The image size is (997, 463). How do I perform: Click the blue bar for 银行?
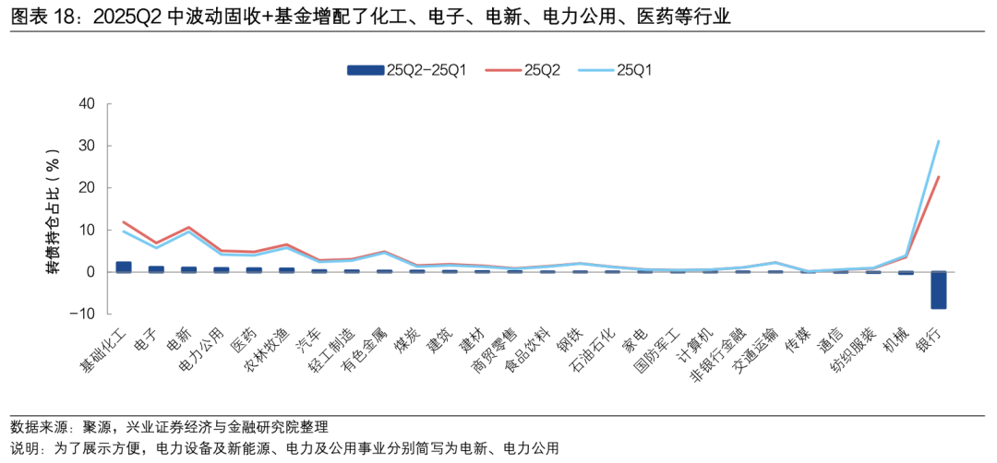tap(938, 290)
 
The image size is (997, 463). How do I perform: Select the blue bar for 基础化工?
tap(123, 267)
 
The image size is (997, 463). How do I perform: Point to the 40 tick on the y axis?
tap(87, 103)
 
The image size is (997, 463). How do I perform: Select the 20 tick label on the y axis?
tap(87, 187)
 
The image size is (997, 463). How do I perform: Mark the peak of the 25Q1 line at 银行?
tap(938, 141)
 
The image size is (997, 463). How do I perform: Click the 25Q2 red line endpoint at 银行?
tap(938, 177)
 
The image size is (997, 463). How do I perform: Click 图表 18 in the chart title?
tap(42, 17)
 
